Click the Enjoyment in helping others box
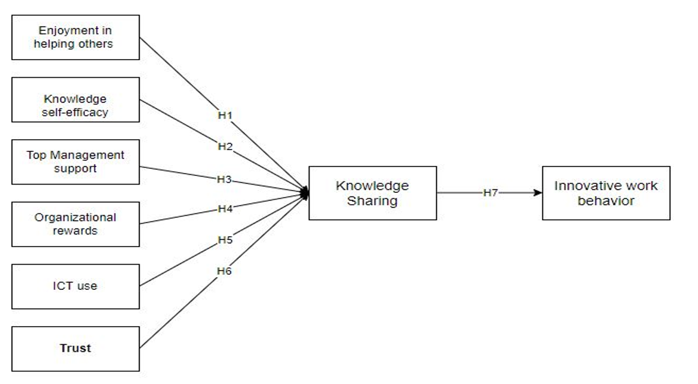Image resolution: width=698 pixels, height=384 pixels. (x=75, y=37)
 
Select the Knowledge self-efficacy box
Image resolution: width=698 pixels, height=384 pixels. (x=75, y=100)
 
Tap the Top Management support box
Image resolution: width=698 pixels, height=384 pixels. (x=75, y=162)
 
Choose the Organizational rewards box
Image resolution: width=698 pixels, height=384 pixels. (x=75, y=224)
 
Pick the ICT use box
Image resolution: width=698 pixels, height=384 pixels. (x=75, y=286)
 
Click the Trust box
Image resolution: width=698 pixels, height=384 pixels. (x=75, y=348)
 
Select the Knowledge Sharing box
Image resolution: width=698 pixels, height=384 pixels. (x=372, y=193)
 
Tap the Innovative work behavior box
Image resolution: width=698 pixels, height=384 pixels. (x=606, y=193)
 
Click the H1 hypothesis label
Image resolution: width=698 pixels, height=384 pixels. (x=225, y=116)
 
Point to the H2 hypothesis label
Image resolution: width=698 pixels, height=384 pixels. (x=225, y=147)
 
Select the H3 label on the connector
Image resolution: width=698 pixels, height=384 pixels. (x=224, y=179)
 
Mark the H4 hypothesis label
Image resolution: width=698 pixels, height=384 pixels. (x=225, y=209)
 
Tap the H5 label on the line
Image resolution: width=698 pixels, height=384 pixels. (x=225, y=240)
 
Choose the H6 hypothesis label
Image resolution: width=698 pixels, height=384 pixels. (x=224, y=271)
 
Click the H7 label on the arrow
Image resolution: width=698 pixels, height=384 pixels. (x=489, y=193)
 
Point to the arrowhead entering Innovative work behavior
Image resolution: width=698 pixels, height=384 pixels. (x=538, y=193)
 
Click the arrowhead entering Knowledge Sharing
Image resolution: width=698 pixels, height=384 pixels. (x=304, y=193)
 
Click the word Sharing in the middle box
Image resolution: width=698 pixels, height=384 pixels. (x=372, y=201)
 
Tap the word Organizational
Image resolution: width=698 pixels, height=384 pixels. (x=75, y=217)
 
